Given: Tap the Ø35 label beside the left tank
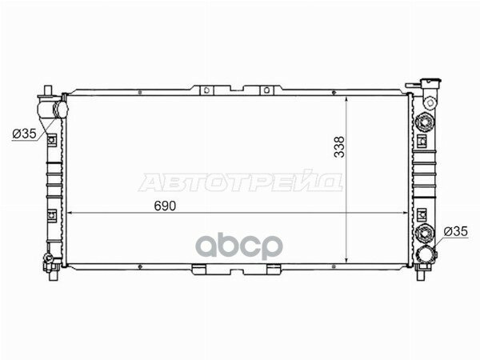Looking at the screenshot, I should (25, 133).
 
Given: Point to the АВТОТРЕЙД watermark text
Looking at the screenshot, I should (241, 183).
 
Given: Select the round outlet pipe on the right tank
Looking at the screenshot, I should (426, 255).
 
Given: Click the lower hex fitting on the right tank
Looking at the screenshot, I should (424, 233).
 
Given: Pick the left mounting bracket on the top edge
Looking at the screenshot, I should (206, 90).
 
